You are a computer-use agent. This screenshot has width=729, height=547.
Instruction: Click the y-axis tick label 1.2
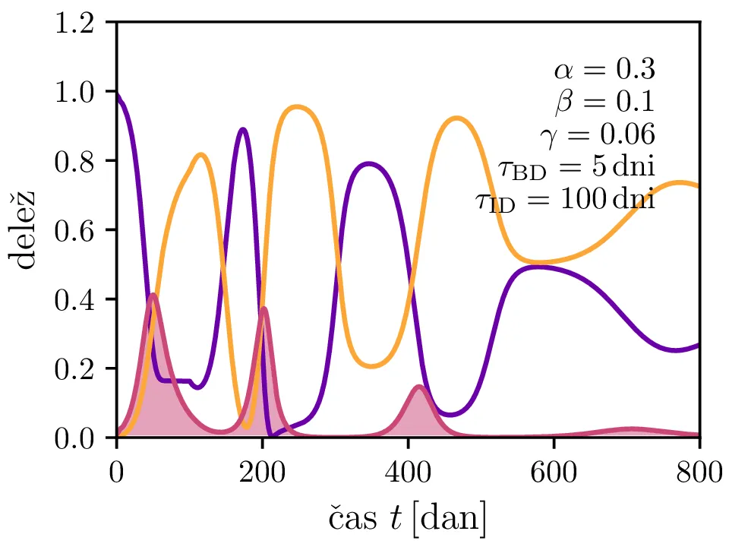(80, 23)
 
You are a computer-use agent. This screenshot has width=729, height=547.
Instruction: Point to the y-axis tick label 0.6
(80, 230)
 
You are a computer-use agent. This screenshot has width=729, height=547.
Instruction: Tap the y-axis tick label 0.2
(80, 368)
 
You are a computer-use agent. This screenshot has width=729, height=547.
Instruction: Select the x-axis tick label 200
(262, 473)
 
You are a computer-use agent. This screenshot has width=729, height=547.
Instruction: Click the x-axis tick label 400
(408, 473)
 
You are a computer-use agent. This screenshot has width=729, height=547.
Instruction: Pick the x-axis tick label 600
(554, 473)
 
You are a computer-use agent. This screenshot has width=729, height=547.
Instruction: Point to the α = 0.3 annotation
(604, 70)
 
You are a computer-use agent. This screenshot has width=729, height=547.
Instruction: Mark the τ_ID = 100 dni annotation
(565, 201)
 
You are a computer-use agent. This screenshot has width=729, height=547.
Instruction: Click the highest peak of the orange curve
(298, 107)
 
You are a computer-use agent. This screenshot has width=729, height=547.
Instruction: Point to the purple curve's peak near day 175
(243, 130)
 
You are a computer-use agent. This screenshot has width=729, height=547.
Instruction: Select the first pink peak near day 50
(153, 295)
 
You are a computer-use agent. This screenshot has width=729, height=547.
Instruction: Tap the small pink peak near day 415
(419, 387)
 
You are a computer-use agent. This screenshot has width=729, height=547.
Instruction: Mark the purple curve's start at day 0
(117, 94)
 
